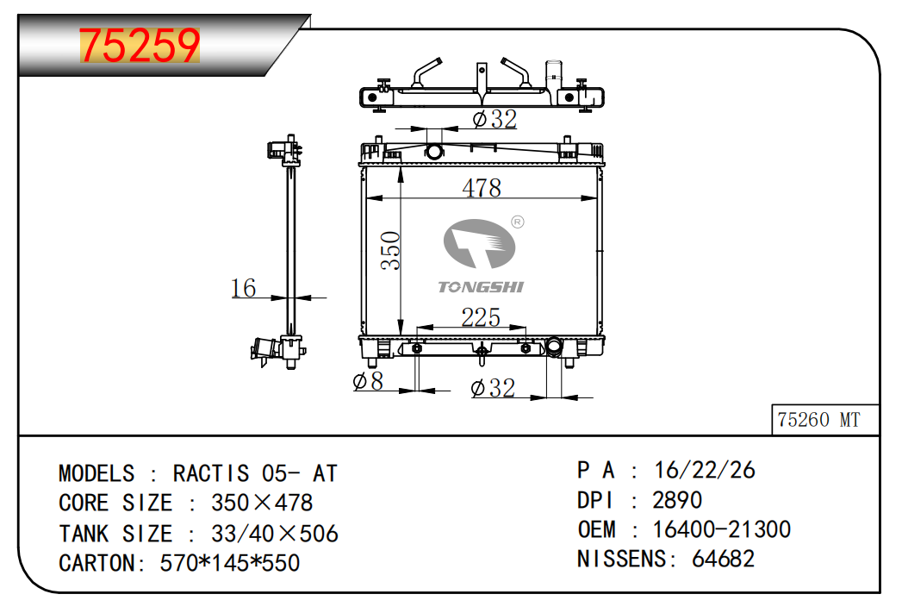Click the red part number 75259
140,45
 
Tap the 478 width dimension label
482,188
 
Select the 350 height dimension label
390,250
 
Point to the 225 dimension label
481,317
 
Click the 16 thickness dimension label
243,288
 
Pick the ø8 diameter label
368,380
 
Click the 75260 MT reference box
825,420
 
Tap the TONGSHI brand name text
481,286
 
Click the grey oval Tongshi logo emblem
479,243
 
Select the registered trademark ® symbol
518,222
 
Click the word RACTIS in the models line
211,473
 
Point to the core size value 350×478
262,503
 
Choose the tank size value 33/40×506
275,534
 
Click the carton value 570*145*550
229,563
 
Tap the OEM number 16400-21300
721,529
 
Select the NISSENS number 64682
723,559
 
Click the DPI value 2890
677,500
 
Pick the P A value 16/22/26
704,470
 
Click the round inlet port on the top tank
433,152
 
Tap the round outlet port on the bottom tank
554,347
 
